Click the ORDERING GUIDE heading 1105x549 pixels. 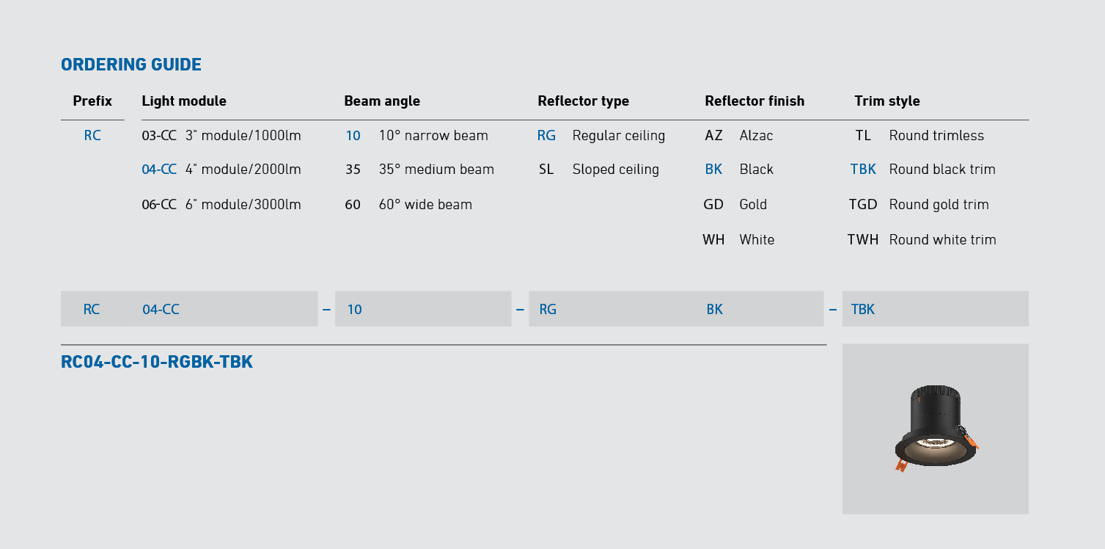coord(131,65)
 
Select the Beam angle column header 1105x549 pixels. coord(382,101)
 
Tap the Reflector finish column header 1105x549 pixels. coord(755,101)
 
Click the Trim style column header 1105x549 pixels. coord(887,101)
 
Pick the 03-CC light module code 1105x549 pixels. coord(159,136)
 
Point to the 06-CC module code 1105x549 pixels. coord(159,204)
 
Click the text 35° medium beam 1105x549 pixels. coord(436,170)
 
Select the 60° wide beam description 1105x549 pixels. coord(425,204)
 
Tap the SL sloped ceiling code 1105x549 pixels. coord(546,170)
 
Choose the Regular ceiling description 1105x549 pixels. coord(619,136)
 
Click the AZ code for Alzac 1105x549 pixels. coord(713,136)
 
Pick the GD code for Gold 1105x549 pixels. coord(713,204)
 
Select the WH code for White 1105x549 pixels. coord(713,240)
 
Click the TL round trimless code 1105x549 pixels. coord(863,136)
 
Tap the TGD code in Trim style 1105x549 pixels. coord(863,204)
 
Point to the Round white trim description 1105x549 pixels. coord(942,240)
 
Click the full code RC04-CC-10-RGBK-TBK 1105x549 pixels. coord(156,362)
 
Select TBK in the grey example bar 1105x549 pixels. coord(862,310)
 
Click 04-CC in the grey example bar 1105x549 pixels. coord(161,310)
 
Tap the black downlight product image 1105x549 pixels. coord(936,428)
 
